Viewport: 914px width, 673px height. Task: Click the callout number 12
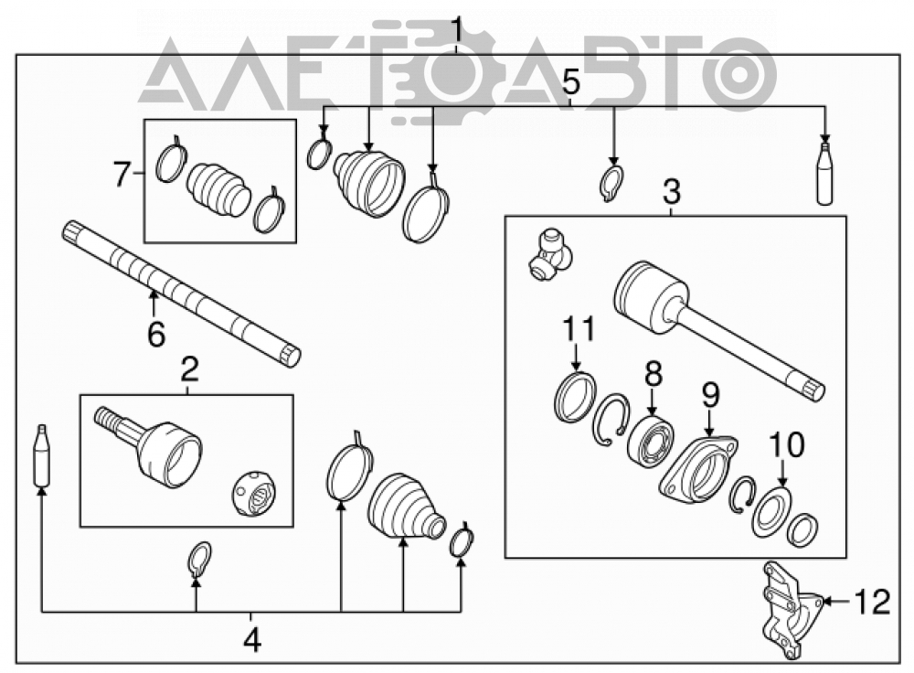[873, 602]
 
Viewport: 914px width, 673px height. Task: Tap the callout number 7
[122, 174]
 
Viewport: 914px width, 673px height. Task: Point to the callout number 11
[579, 328]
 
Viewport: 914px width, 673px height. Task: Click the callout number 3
[672, 190]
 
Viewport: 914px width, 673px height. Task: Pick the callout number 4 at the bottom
[252, 640]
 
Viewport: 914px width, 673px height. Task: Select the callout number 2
[189, 369]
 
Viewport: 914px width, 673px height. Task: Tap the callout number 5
[571, 82]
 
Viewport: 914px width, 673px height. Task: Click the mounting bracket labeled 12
[792, 610]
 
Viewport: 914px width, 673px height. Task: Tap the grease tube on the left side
[42, 455]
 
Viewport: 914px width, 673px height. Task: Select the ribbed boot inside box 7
[218, 189]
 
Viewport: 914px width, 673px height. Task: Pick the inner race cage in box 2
[254, 494]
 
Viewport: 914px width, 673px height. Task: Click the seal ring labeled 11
[575, 397]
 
